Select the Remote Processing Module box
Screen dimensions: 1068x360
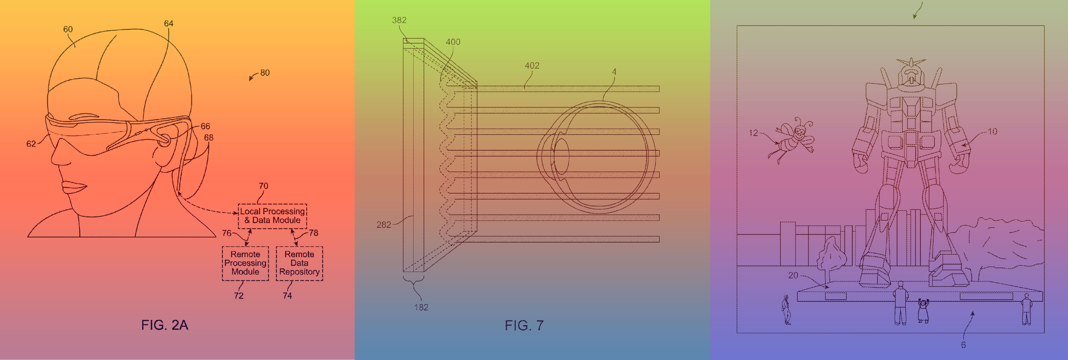point(246,263)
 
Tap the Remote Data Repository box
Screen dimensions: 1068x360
point(299,263)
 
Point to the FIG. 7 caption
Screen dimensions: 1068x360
point(524,325)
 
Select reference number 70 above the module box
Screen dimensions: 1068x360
point(264,186)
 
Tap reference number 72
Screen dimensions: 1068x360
point(239,296)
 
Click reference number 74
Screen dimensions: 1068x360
point(287,296)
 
